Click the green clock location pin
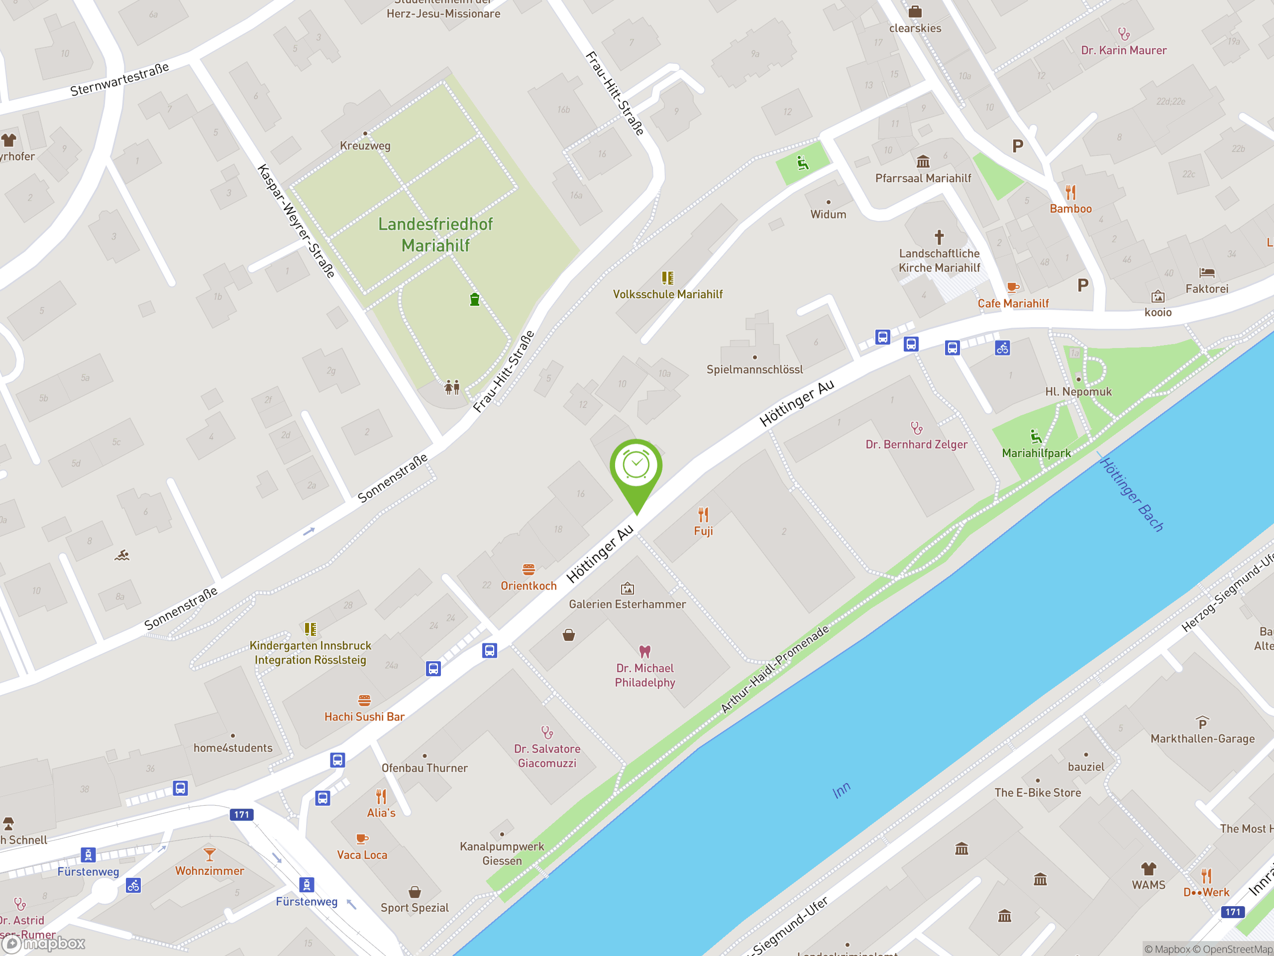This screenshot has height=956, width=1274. pos(636,467)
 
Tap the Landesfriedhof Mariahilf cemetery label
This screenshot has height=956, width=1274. pos(435,235)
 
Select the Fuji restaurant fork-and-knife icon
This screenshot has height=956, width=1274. pos(703,514)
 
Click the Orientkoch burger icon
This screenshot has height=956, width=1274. pos(529,569)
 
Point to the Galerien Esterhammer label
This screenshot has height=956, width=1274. pos(627,604)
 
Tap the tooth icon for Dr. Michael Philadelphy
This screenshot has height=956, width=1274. pos(644,651)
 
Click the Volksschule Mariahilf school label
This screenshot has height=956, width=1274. pos(667,294)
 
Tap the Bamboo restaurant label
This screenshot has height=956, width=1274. pos(1070,209)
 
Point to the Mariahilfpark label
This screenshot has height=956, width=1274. pos(1036,453)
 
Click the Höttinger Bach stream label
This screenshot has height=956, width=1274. pos(1132,494)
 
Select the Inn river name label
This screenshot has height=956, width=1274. pos(842,790)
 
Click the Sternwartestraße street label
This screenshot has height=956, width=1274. pos(120,80)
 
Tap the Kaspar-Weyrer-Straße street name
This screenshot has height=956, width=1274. pos(296,221)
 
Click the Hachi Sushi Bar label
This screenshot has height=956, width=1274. pos(364,717)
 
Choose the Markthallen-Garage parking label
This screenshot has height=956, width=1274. pos(1202,738)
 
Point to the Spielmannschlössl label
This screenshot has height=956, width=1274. pos(754,369)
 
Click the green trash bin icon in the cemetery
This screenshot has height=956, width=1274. pos(475,299)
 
